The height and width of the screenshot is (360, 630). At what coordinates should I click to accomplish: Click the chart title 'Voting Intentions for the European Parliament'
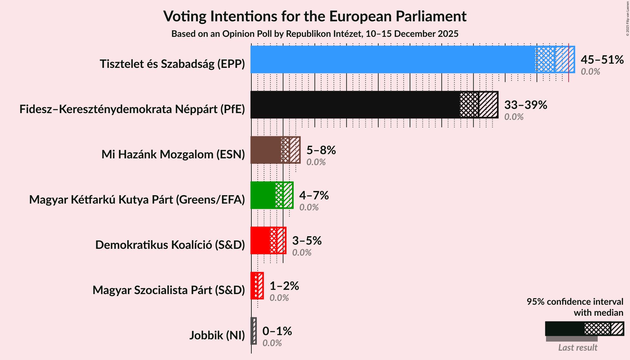pyautogui.click(x=315, y=16)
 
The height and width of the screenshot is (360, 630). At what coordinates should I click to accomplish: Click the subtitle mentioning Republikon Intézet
pyautogui.click(x=315, y=34)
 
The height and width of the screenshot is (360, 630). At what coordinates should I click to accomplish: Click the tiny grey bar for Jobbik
pyautogui.click(x=254, y=331)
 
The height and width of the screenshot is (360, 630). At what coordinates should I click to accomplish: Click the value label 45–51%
pyautogui.click(x=602, y=60)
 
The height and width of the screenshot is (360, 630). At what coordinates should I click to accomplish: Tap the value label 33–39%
pyautogui.click(x=526, y=105)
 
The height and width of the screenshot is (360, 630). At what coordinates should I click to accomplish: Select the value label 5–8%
pyautogui.click(x=321, y=150)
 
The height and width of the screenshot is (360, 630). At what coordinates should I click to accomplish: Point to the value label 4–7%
pyautogui.click(x=314, y=196)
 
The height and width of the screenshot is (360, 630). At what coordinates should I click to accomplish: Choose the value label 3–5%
pyautogui.click(x=307, y=241)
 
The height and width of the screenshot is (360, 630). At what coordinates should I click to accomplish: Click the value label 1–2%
pyautogui.click(x=284, y=286)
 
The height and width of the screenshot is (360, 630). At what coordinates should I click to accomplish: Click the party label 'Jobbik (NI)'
pyautogui.click(x=217, y=335)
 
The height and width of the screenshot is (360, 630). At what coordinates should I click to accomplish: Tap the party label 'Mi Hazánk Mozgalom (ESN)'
pyautogui.click(x=173, y=154)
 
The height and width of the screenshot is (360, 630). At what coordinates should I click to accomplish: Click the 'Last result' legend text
pyautogui.click(x=578, y=348)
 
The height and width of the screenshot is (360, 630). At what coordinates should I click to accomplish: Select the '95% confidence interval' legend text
pyautogui.click(x=575, y=302)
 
